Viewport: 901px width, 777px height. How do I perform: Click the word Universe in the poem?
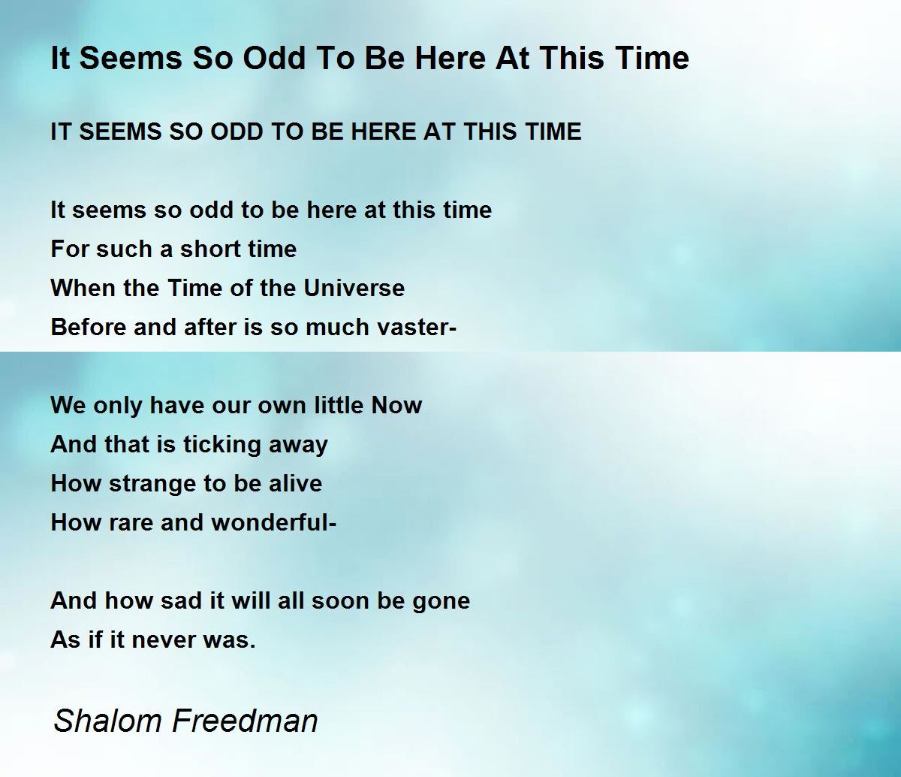coord(354,288)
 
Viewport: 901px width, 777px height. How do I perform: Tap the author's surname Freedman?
coord(245,721)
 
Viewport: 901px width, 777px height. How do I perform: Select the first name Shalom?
coord(107,721)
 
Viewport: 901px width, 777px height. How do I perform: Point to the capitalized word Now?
coord(396,405)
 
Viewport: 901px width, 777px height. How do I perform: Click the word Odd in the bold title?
coord(274,58)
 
